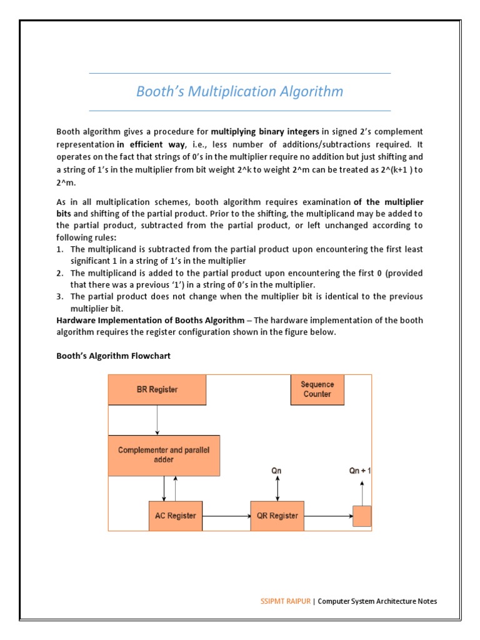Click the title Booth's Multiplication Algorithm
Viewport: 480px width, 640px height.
tap(239, 92)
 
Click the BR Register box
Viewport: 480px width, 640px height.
tap(157, 389)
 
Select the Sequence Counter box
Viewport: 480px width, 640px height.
tap(317, 389)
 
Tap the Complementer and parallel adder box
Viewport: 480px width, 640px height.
tap(164, 454)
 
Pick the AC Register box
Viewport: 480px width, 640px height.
tap(176, 516)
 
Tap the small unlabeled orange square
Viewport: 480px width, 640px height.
tap(362, 516)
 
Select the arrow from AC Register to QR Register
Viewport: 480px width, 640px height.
tap(226, 516)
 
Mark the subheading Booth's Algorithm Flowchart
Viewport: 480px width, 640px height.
tap(113, 356)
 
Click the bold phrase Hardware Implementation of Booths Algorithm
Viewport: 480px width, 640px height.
tap(150, 321)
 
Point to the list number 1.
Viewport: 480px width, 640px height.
tap(61, 249)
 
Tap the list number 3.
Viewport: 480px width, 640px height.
tap(61, 297)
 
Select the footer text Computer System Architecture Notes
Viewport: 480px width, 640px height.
tap(377, 601)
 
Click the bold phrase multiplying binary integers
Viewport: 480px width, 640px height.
tap(265, 132)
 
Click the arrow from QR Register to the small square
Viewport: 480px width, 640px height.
tap(329, 516)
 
